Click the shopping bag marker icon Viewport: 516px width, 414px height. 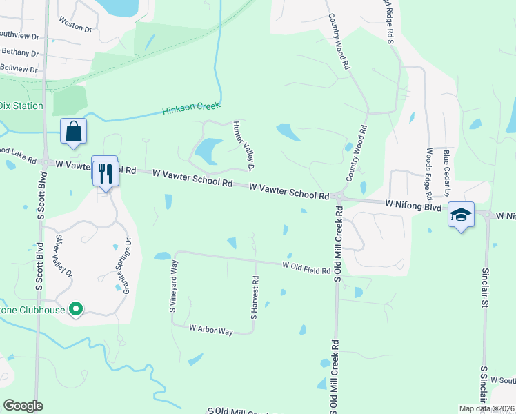coord(74,131)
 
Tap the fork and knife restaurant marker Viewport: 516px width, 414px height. coord(106,172)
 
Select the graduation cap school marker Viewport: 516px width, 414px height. coord(461,215)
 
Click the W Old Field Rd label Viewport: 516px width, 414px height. coord(306,268)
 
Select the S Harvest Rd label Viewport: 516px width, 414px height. coord(255,298)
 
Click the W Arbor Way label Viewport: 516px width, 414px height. coord(211,331)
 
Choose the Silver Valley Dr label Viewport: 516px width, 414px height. coord(63,256)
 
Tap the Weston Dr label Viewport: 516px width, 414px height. coord(76,25)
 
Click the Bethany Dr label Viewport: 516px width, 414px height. coord(19,52)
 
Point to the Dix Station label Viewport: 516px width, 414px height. coord(21,106)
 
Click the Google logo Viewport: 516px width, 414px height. coord(23,405)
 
